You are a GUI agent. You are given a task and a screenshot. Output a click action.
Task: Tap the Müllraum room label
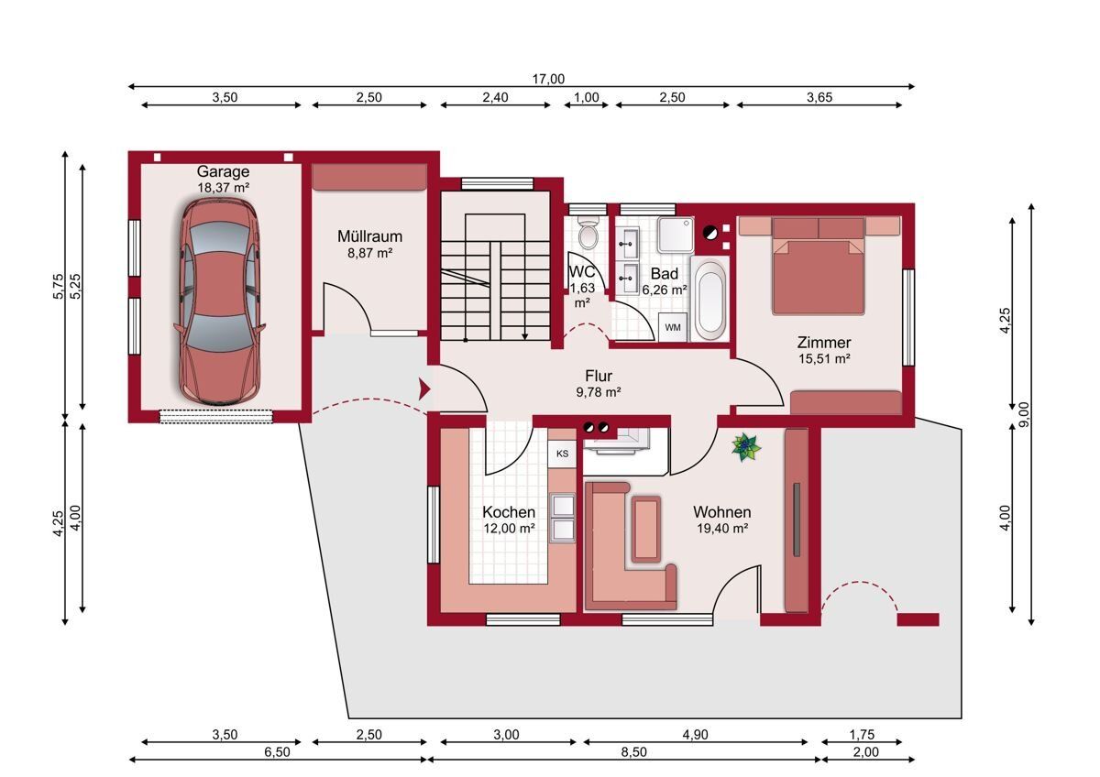click(x=369, y=236)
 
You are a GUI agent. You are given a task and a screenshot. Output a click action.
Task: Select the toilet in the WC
click(x=588, y=233)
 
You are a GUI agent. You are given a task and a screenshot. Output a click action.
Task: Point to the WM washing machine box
click(x=672, y=327)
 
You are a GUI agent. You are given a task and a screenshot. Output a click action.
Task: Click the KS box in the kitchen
click(x=562, y=454)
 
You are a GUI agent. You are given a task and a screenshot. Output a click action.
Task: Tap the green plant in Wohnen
click(x=746, y=447)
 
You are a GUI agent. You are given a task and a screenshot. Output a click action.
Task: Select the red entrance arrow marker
click(x=423, y=389)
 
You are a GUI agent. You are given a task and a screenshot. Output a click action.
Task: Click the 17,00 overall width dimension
click(x=548, y=79)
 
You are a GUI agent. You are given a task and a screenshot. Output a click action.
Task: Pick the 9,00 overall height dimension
click(x=1024, y=414)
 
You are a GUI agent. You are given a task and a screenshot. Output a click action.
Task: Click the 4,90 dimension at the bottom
click(x=696, y=735)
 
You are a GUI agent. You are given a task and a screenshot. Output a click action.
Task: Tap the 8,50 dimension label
click(x=634, y=752)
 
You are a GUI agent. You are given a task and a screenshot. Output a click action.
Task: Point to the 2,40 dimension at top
click(x=495, y=97)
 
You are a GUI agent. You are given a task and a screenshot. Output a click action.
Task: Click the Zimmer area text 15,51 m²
click(x=824, y=359)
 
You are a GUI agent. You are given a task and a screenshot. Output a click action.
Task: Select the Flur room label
click(x=599, y=376)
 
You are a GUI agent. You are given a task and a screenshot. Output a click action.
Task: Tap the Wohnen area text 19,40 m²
click(x=722, y=528)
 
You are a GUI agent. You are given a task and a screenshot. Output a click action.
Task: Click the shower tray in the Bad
click(x=676, y=235)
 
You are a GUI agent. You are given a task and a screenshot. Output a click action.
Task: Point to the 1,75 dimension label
click(x=862, y=735)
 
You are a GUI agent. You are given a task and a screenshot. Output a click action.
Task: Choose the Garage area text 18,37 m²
click(x=223, y=188)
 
